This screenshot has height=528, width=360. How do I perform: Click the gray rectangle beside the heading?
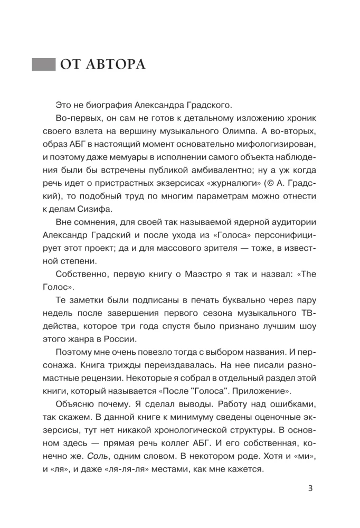point(44,65)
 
